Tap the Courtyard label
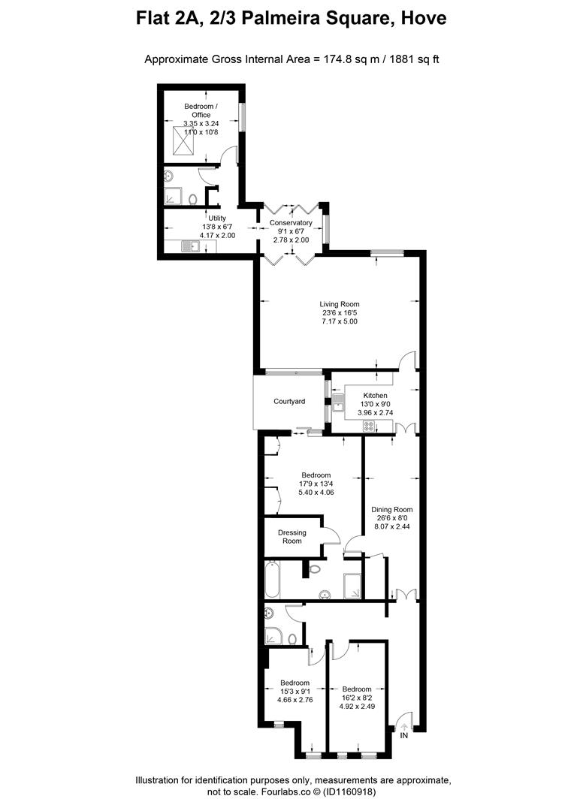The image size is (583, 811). point(289,402)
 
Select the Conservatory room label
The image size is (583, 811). point(291,223)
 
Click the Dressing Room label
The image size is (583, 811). point(292,537)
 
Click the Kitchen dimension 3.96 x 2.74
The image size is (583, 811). point(376,413)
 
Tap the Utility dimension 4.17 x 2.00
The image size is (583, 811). point(217,235)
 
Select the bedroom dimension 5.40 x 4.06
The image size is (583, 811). point(316,493)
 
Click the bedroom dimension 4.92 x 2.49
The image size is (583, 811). point(357,707)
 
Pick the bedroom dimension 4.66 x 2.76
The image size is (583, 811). point(295,700)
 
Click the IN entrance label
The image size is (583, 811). point(404,736)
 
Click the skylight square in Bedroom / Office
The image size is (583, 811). point(183,139)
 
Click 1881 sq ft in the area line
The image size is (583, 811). point(412,59)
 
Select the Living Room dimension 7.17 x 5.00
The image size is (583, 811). point(340,321)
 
